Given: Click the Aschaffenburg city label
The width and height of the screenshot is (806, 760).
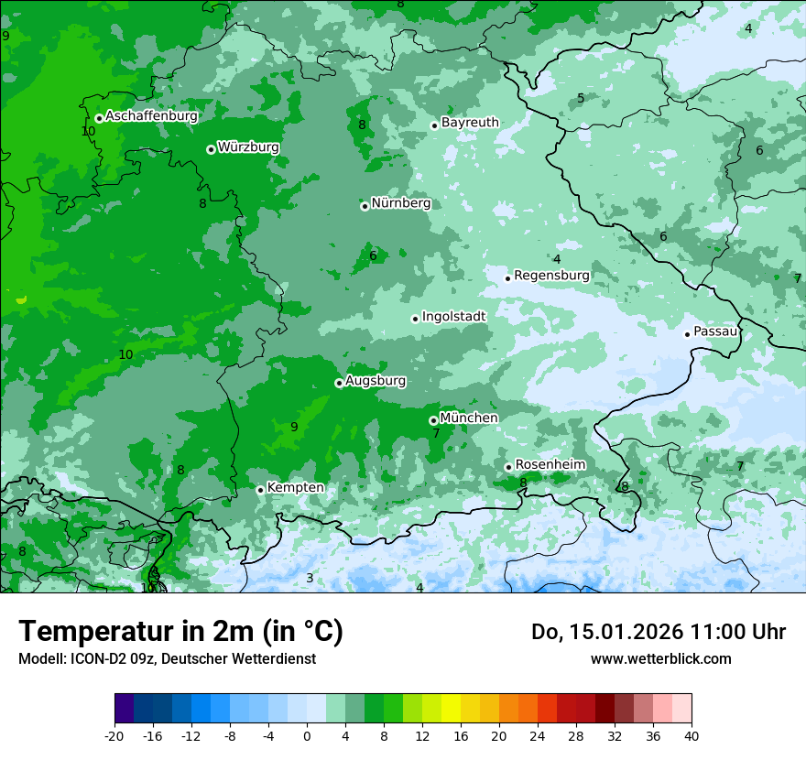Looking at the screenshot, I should click(x=151, y=116).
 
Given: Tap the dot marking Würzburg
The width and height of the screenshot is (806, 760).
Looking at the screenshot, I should click(x=211, y=149).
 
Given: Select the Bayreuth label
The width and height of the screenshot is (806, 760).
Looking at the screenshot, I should click(x=470, y=123).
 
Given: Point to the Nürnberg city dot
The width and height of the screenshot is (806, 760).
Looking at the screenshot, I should click(x=365, y=206).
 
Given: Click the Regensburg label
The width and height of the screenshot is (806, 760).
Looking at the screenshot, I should click(x=551, y=276).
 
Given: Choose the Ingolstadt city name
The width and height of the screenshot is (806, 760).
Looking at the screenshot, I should click(x=453, y=317).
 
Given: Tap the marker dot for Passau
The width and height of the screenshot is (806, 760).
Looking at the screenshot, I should click(x=687, y=334).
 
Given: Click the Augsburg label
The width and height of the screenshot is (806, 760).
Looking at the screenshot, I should click(x=376, y=381).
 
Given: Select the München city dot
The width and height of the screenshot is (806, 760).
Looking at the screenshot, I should click(x=433, y=420).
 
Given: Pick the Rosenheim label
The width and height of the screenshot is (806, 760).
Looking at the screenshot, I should click(x=550, y=465).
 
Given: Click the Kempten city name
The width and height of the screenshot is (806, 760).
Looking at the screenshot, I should click(x=295, y=488).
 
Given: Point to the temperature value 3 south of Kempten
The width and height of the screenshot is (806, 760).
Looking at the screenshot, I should click(x=310, y=578).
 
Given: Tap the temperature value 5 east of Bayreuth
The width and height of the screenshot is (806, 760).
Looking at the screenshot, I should click(x=581, y=99).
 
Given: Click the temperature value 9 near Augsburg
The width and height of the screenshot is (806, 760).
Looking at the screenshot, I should click(x=294, y=427).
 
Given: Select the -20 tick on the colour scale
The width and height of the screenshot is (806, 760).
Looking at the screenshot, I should click(x=114, y=735).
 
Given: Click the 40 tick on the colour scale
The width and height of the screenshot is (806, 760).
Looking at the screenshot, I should click(x=691, y=735).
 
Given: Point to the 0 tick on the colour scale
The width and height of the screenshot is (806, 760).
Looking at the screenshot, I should click(x=307, y=735).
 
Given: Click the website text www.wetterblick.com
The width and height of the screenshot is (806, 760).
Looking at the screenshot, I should click(x=660, y=658).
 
